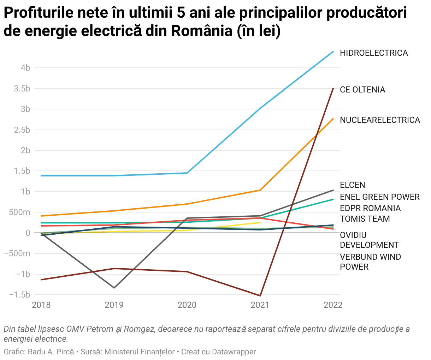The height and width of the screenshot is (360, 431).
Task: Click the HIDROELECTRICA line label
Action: [x=373, y=53]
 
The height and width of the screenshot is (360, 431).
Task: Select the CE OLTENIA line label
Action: [x=362, y=90]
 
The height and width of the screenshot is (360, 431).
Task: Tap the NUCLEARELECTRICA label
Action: [x=380, y=120]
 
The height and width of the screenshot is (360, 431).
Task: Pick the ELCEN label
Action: [x=352, y=185]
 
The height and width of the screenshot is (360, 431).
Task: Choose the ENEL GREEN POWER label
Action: [x=379, y=197]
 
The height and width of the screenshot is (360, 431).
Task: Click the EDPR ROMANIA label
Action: [x=370, y=208]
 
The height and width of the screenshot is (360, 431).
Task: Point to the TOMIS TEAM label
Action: [x=365, y=219]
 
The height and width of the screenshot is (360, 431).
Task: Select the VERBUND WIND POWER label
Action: [x=370, y=262]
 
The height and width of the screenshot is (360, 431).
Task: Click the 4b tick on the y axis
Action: [x=25, y=68]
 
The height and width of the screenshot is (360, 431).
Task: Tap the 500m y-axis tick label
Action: [x=22, y=212]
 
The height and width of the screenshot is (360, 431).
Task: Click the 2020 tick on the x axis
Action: [x=187, y=305]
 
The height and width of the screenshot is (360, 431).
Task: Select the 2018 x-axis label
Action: [x=41, y=305]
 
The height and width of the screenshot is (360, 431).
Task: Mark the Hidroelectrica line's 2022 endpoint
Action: [x=333, y=52]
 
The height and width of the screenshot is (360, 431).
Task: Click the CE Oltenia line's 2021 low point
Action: [x=260, y=296]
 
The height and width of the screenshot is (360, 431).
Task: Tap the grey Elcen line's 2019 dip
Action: [x=114, y=288]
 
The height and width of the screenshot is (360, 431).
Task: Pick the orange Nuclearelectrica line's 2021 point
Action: [x=260, y=190]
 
